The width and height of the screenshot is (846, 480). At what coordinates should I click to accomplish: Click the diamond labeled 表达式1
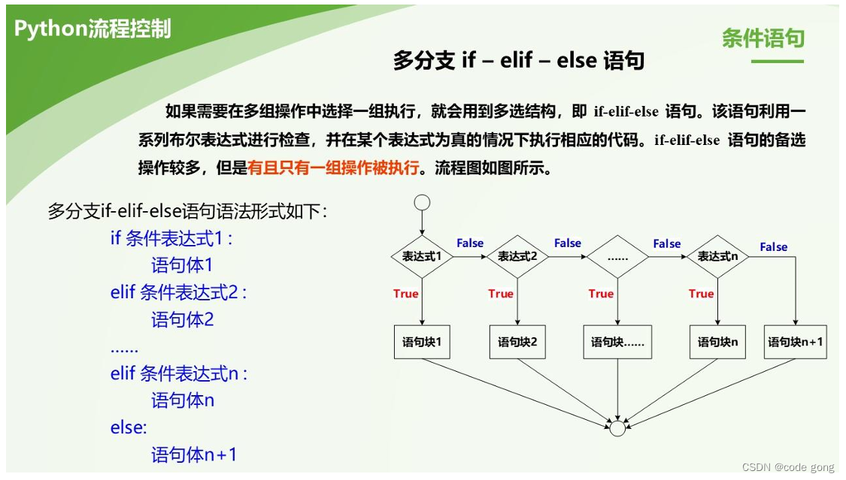click(422, 257)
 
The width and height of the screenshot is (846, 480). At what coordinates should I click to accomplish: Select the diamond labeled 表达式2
click(518, 257)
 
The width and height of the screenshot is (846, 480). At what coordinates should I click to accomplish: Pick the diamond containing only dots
click(617, 257)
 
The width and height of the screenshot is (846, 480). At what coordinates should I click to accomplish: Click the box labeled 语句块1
click(422, 343)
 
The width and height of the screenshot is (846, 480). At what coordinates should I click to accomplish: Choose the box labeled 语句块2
click(517, 343)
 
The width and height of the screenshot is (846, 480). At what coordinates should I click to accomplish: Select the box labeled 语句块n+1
click(795, 343)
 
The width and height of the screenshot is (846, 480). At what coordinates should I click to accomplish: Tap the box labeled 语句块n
click(717, 343)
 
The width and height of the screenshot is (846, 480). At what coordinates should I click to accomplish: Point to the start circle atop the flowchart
click(422, 202)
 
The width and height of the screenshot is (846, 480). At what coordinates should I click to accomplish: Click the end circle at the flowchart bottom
click(617, 428)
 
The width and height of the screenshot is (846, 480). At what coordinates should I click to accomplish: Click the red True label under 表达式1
click(405, 294)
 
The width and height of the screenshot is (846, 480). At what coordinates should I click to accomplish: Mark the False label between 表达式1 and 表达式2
click(470, 243)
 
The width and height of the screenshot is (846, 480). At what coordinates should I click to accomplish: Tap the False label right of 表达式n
click(773, 246)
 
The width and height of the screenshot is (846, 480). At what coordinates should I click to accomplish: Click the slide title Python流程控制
click(92, 29)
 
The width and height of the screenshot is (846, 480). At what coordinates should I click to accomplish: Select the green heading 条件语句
click(763, 38)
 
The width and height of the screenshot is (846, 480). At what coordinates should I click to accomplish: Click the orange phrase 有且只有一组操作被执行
click(333, 168)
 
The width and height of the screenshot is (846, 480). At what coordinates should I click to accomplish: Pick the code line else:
click(129, 427)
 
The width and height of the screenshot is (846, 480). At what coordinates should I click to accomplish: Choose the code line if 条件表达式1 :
click(171, 239)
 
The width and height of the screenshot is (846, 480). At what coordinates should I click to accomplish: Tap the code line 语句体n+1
click(194, 454)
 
